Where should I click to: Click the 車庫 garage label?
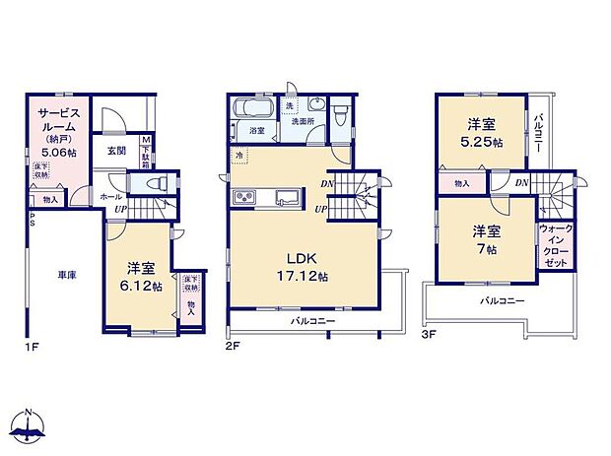coord(66,276)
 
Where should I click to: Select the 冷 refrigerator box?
coord(239,156)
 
